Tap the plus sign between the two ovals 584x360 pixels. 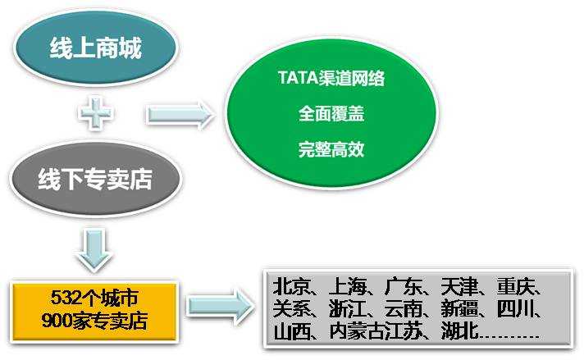(97, 115)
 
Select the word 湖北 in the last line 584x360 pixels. (454, 334)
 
